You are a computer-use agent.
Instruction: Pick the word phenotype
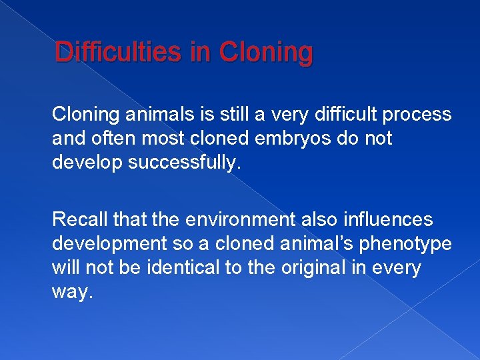[405, 244]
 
